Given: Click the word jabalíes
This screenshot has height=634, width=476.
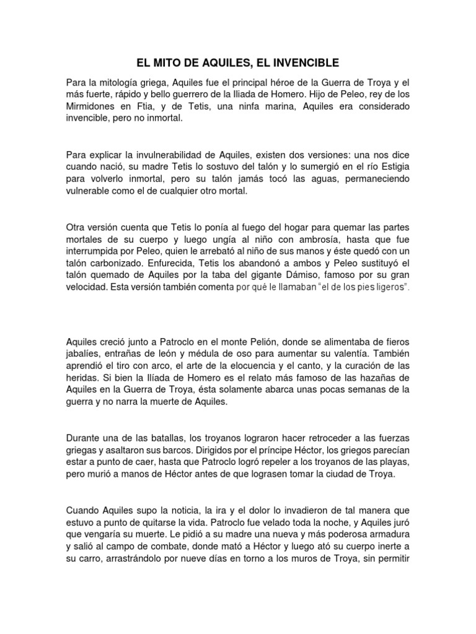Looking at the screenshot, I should coord(86,355).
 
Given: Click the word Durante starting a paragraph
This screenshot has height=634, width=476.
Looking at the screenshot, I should coord(84,439).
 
